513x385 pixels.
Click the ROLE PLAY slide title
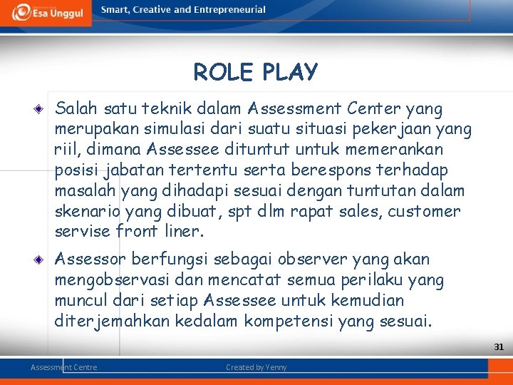pyautogui.click(x=255, y=72)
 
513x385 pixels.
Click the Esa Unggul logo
pyautogui.click(x=46, y=13)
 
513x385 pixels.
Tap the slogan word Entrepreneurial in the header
pyautogui.click(x=229, y=10)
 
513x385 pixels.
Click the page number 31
pyautogui.click(x=499, y=347)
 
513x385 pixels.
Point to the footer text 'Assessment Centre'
pyautogui.click(x=64, y=367)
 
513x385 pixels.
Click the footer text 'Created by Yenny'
pyautogui.click(x=256, y=367)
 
